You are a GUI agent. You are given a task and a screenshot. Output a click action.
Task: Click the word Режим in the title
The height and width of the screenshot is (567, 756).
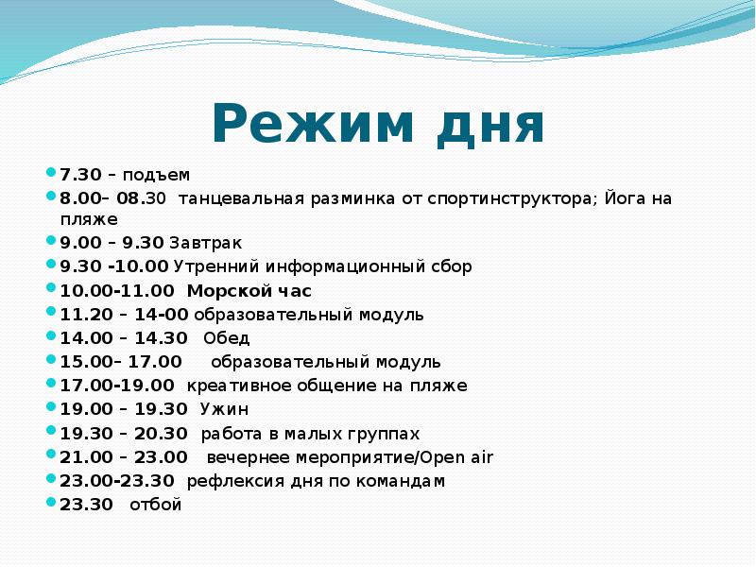click(300, 124)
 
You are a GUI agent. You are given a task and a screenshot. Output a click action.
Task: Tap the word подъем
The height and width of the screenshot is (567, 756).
click(156, 175)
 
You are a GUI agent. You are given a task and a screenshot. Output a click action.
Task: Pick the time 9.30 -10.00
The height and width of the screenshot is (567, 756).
click(114, 267)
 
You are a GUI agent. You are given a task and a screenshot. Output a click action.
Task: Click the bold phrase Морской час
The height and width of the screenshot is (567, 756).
click(249, 291)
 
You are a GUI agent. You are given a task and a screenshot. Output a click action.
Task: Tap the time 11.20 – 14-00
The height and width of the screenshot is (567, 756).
click(124, 315)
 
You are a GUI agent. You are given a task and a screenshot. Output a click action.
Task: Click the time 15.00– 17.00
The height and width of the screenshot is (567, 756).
click(121, 362)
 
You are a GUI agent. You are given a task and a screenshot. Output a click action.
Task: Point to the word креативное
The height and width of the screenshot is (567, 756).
click(232, 386)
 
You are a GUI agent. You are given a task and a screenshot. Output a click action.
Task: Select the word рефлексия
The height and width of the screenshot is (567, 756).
click(230, 481)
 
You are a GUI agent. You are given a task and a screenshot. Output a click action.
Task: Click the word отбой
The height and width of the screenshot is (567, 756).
click(162, 505)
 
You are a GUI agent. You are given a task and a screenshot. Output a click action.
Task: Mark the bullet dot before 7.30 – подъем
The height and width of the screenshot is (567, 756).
click(51, 173)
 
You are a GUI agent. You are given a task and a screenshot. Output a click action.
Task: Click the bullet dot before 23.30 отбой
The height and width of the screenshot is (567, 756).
click(51, 503)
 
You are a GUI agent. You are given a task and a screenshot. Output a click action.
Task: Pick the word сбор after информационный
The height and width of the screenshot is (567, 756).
click(450, 267)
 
